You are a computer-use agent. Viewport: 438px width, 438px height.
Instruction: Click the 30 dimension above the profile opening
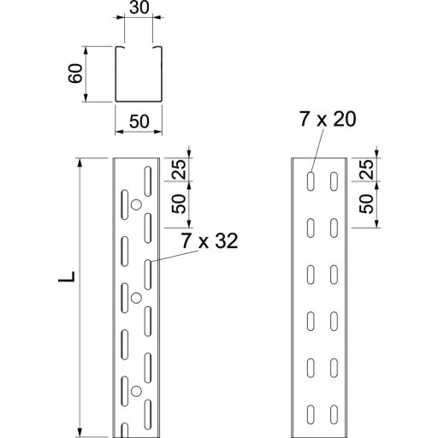[x=139, y=8]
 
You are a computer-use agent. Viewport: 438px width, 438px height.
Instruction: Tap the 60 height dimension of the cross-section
[x=75, y=74]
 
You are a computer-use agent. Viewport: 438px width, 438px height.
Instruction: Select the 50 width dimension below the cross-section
[x=139, y=121]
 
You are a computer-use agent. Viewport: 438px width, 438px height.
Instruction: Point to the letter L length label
[x=67, y=276]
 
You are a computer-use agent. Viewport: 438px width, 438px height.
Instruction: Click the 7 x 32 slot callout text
[x=210, y=241]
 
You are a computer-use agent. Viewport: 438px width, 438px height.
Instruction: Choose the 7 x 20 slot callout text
[x=328, y=119]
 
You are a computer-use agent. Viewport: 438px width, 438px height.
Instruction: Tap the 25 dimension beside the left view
[x=179, y=169]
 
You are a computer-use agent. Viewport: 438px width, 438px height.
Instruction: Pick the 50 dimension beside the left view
[x=179, y=204]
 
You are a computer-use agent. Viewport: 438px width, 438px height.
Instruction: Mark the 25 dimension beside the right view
[x=366, y=169]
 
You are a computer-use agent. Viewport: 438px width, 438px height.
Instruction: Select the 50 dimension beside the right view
[x=366, y=204]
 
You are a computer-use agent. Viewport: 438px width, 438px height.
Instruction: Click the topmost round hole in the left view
[x=136, y=204]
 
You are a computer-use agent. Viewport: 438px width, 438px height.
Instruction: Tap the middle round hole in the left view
[x=136, y=298]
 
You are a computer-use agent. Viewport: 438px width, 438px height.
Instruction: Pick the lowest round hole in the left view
[x=136, y=391]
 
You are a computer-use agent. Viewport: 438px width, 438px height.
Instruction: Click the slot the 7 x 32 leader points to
[x=148, y=275]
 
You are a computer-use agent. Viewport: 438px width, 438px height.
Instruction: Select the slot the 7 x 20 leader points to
[x=311, y=181]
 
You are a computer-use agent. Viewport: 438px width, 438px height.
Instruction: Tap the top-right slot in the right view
[x=334, y=181]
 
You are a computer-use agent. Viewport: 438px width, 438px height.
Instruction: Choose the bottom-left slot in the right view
[x=311, y=414]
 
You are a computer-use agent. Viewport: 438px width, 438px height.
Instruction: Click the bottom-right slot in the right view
[x=334, y=414]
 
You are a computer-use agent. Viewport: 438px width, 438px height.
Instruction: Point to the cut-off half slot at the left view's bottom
[x=125, y=430]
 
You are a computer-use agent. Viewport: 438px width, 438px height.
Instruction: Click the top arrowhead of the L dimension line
[x=80, y=162]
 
